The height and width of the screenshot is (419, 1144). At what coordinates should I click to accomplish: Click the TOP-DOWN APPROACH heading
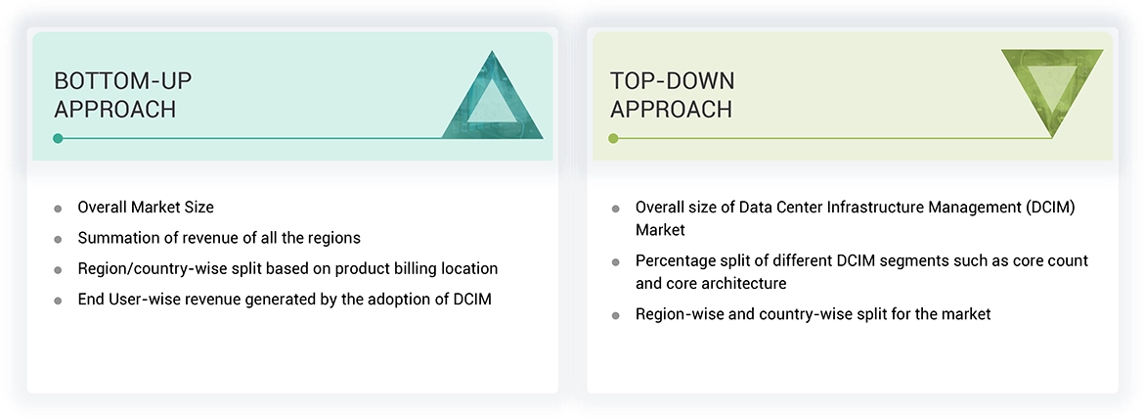point(672,94)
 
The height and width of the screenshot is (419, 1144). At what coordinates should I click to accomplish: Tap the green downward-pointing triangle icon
point(1052,90)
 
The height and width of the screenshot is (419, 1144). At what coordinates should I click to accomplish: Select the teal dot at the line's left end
point(58,138)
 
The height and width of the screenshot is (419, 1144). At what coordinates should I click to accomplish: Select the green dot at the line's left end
point(613,138)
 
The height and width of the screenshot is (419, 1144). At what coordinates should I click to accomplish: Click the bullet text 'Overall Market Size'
point(146,207)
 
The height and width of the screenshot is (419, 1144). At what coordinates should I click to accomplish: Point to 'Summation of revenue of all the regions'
point(219,237)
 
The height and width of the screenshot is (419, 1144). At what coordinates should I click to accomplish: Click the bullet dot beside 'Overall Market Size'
point(58,209)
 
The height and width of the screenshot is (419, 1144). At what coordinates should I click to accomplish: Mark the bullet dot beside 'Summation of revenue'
point(58,239)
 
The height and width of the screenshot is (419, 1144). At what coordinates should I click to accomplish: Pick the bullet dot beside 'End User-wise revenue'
point(58,301)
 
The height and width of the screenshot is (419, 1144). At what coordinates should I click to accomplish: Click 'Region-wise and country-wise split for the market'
point(813,314)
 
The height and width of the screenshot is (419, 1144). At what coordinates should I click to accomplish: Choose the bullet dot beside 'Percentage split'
point(615,262)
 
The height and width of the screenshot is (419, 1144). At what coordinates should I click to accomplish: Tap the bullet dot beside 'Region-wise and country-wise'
point(615,316)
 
